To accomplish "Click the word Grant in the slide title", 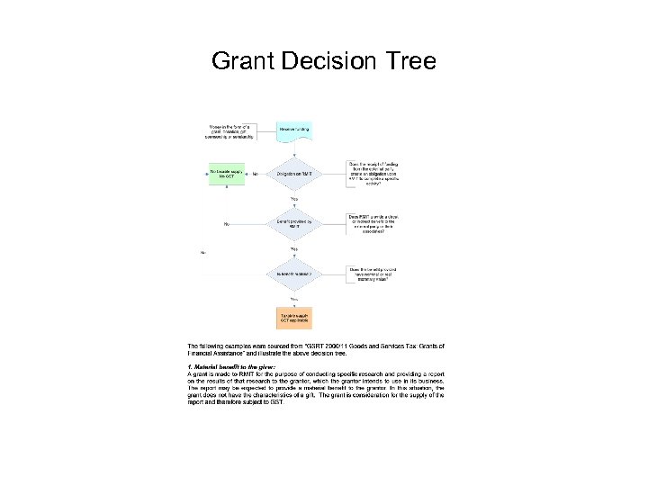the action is (x=244, y=61).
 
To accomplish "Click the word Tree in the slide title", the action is (x=409, y=61).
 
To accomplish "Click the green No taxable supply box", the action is (x=226, y=173).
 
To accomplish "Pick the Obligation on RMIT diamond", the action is (x=293, y=174).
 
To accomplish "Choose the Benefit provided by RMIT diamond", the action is (x=293, y=223).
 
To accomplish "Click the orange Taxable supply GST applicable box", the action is (x=293, y=319).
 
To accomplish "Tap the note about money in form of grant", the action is (x=231, y=130).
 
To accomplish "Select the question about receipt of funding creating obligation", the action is (x=373, y=172).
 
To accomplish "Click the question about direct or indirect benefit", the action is (x=373, y=222).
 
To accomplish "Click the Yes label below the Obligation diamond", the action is (x=293, y=199).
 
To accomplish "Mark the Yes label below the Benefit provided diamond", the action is (x=293, y=248).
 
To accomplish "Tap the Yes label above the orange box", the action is (x=293, y=298).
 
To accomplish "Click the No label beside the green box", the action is (x=256, y=174).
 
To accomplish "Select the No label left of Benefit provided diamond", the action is (x=225, y=223).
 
